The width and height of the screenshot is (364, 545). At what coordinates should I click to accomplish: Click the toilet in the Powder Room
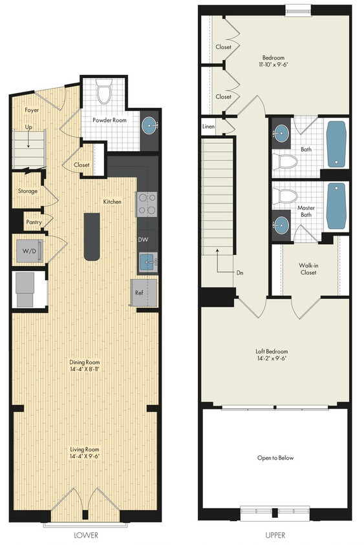point(104,94)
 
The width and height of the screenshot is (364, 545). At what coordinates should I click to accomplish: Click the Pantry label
point(34,222)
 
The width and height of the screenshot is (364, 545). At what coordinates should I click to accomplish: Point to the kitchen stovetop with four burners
point(146,204)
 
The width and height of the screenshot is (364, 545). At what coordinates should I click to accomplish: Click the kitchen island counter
point(92,236)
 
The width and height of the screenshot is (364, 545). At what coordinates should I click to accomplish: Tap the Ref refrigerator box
point(138,292)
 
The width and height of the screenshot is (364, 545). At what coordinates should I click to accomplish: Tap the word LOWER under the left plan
point(86,535)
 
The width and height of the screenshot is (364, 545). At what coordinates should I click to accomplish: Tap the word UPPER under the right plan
point(276,535)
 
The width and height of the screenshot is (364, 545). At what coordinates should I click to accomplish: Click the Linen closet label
point(209,127)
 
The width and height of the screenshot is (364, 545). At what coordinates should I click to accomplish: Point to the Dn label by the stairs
point(240,272)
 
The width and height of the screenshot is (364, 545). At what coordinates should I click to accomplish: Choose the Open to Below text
point(275,458)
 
